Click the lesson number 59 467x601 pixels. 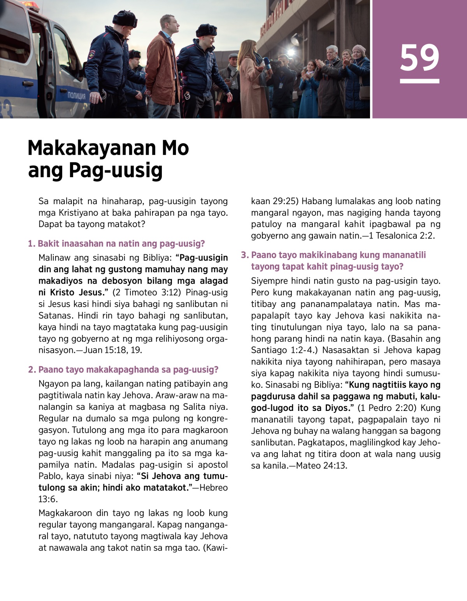click(x=420, y=58)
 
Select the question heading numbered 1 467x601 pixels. click(x=116, y=244)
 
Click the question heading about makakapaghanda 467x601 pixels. click(x=123, y=370)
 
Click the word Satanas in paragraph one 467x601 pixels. click(x=52, y=315)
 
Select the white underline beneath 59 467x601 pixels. click(x=420, y=81)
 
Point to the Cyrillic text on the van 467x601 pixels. click(x=77, y=95)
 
